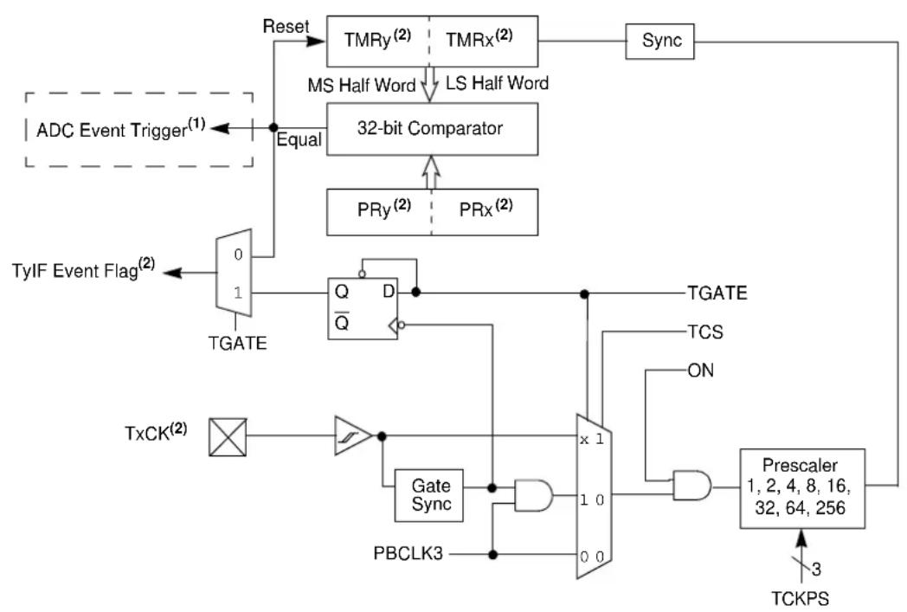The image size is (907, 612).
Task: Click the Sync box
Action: coord(659,41)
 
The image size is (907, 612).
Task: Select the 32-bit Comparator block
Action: coord(432,129)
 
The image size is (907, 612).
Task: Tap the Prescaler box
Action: coord(802,488)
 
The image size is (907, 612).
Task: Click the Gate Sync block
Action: coord(428,495)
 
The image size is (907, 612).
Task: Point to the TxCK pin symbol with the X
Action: coord(228,437)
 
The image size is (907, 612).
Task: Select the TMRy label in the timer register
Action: coord(377,39)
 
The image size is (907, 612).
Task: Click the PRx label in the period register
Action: coord(486,209)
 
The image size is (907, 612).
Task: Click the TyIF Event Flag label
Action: coord(84,269)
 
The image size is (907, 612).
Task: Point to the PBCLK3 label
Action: coord(408,554)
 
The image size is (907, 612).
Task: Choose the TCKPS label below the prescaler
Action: coord(800,599)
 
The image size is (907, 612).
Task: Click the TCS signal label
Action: coord(705,332)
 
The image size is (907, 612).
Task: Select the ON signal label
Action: coord(700,370)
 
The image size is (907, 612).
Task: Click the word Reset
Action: coord(286,26)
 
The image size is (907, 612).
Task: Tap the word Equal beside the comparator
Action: coord(299,139)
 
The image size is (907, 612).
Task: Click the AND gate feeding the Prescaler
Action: coord(692,486)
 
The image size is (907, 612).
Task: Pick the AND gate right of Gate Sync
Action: coord(533,494)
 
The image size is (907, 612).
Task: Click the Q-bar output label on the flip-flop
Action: coord(342,320)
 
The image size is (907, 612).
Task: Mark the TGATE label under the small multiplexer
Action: coord(237,343)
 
